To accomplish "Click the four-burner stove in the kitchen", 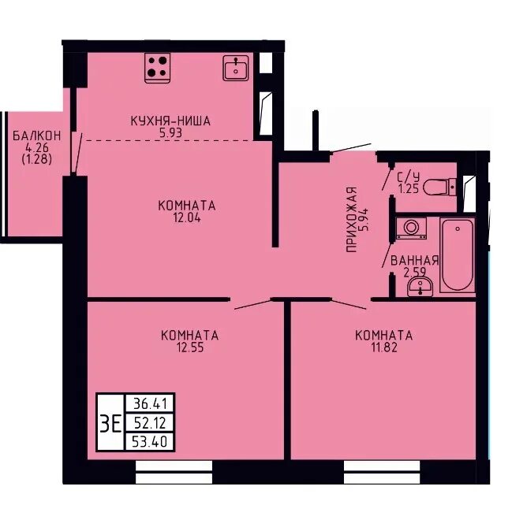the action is point(157,68).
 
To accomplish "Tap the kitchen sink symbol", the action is point(236,68).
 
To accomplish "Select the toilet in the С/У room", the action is point(439,187).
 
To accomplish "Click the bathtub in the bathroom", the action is point(457,255).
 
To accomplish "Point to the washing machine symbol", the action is point(412,228).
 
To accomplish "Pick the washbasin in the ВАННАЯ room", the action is point(420,287).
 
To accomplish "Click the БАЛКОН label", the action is point(37,136).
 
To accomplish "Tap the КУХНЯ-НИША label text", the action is point(170,121).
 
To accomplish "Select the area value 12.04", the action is point(187,217).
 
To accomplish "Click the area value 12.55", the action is point(190,347).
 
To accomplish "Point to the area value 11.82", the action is point(384,347).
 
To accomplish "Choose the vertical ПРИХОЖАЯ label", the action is point(352,220).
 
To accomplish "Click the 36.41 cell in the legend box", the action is point(150,404).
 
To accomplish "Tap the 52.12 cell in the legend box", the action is point(150,423).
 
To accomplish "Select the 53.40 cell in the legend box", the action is point(150,442).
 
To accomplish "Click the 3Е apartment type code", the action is point(110,423).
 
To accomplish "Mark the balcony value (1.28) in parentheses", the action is point(37,160).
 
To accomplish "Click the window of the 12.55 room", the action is point(174,472).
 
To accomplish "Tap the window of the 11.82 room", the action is point(382,472).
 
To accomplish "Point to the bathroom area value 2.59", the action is point(415,273).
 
